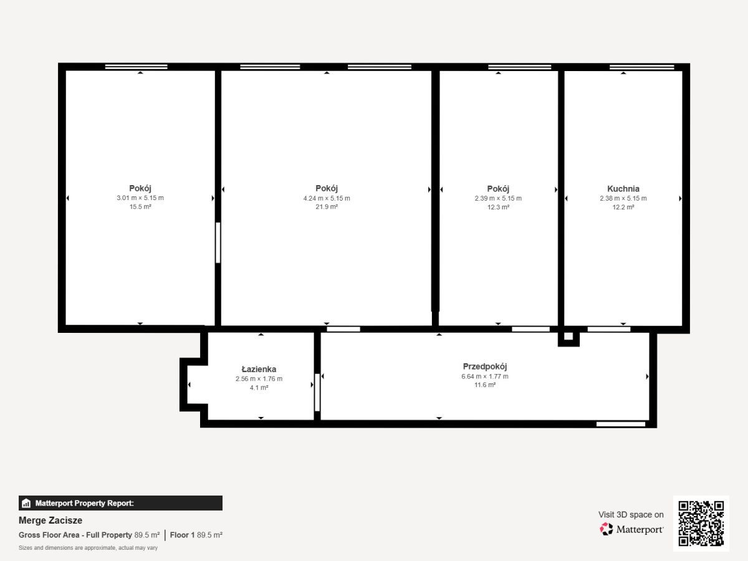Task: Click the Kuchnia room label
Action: point(623,189)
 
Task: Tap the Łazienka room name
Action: point(259,369)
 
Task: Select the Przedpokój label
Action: point(484,367)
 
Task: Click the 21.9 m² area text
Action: point(327,207)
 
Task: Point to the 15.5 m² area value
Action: point(140,207)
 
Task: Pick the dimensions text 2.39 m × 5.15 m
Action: point(498,198)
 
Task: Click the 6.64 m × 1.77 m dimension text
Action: point(484,376)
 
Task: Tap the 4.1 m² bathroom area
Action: point(259,388)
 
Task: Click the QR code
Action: point(701,524)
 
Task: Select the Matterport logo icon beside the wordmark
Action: point(607,529)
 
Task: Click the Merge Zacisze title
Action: point(50,520)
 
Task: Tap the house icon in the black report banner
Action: point(26,503)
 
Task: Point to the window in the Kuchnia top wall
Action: point(641,67)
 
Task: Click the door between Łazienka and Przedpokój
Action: point(317,393)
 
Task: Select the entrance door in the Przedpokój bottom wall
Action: point(621,424)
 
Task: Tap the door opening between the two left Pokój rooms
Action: point(218,242)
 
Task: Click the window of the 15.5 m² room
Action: point(136,67)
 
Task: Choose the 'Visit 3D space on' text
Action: point(631,515)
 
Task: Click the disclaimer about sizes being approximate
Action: point(88,548)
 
